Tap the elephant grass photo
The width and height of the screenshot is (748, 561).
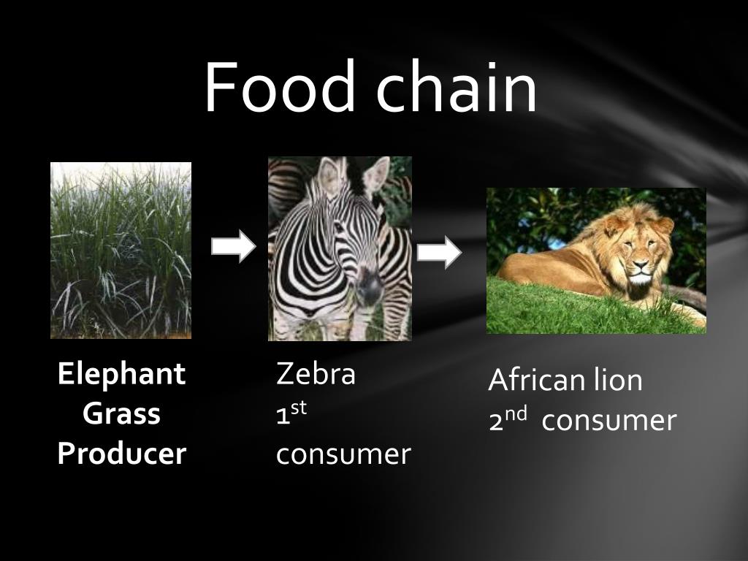pyautogui.click(x=121, y=250)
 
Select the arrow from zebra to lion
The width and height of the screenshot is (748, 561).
pyautogui.click(x=439, y=253)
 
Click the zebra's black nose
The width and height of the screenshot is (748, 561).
pyautogui.click(x=370, y=291)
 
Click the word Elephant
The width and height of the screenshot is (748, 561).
pyautogui.click(x=121, y=374)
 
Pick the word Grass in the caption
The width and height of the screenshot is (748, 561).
pyautogui.click(x=121, y=414)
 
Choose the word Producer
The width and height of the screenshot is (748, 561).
pyautogui.click(x=121, y=454)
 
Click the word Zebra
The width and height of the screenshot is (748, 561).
pyautogui.click(x=316, y=374)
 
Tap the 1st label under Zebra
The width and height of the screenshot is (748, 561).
pyautogui.click(x=291, y=414)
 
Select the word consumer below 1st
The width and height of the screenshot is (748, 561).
pyautogui.click(x=343, y=454)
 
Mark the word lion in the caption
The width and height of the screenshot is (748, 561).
pyautogui.click(x=620, y=381)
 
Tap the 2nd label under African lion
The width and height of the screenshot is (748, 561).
pyautogui.click(x=508, y=420)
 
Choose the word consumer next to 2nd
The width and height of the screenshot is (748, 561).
pyautogui.click(x=609, y=421)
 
